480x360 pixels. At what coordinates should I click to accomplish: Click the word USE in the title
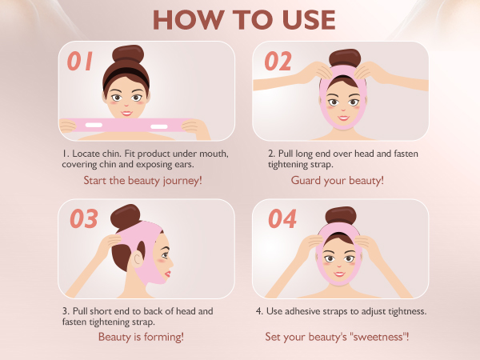point(309,20)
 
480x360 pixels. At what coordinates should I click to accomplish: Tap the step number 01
point(79,61)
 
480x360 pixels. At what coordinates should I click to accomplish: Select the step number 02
point(278,61)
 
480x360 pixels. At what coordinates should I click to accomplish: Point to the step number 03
point(84,218)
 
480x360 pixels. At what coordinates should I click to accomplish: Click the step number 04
point(282,218)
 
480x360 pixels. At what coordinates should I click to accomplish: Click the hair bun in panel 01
point(128,54)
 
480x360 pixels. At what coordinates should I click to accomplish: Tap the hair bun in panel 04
point(341,215)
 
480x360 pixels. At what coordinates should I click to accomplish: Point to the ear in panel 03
point(138,259)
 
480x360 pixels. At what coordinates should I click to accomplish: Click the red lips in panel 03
point(168,274)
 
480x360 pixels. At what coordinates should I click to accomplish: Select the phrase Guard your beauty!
point(338,180)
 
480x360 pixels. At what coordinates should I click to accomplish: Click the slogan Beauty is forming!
point(141,337)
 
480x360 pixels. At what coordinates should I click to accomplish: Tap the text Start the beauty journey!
point(143,180)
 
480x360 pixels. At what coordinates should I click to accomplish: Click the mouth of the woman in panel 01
point(126,114)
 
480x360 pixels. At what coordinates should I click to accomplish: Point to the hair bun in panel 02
point(345,58)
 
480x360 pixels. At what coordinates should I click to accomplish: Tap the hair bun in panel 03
point(126,217)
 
